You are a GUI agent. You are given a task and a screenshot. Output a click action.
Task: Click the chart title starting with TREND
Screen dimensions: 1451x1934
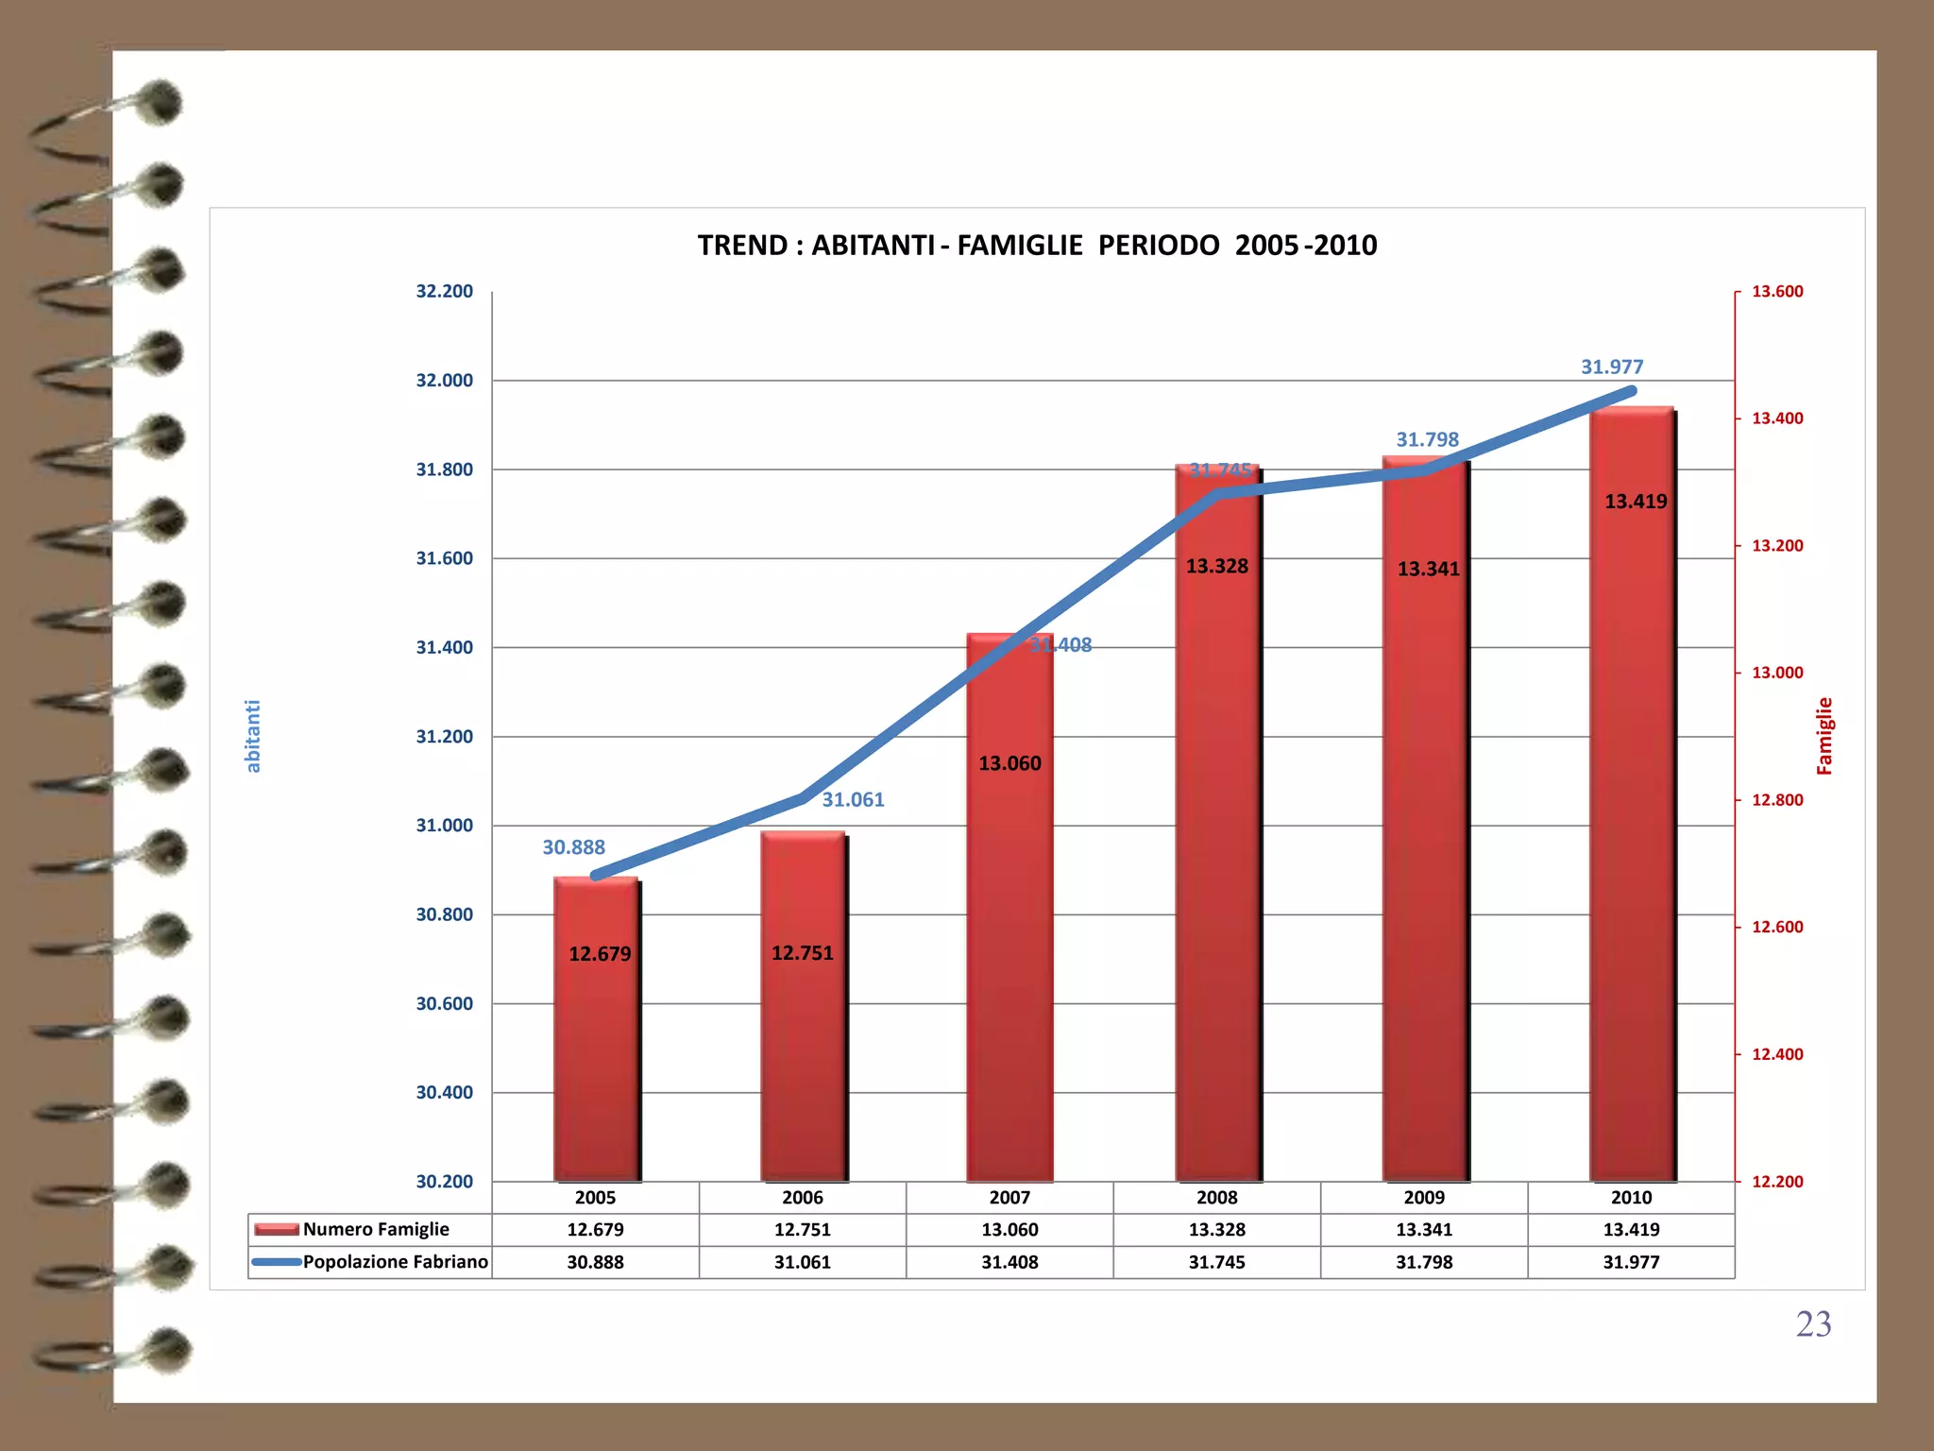[1037, 246]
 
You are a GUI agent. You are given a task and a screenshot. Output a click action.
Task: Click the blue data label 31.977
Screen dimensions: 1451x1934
[1612, 367]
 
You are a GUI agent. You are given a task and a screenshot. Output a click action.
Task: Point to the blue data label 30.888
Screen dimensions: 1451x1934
[573, 847]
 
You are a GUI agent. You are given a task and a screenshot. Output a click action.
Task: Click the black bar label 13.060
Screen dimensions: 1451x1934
[1009, 763]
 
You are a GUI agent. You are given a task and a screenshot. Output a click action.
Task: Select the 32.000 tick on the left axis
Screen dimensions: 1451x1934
[444, 381]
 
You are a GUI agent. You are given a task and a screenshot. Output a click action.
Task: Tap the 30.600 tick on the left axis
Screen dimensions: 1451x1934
[444, 1003]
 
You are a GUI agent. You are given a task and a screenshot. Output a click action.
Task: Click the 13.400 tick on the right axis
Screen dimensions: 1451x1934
[1777, 418]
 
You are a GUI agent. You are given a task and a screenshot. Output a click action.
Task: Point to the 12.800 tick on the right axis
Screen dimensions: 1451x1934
[1777, 800]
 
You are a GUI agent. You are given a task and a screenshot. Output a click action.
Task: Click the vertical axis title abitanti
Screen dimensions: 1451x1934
[253, 736]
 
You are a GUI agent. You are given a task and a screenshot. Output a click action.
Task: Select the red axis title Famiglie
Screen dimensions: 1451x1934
[1824, 736]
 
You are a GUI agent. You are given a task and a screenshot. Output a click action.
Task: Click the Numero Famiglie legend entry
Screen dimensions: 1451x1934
[375, 1229]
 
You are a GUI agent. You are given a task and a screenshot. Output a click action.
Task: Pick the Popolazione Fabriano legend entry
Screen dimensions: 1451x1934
[395, 1262]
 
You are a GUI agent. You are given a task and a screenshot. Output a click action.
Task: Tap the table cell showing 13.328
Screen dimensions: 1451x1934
[1216, 1229]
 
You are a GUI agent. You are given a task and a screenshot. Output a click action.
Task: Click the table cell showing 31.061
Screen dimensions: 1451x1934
[803, 1262]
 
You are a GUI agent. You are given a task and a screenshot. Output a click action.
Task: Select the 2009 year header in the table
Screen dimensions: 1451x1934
[1424, 1198]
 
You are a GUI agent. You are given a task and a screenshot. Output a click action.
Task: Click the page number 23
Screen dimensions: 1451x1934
[1813, 1324]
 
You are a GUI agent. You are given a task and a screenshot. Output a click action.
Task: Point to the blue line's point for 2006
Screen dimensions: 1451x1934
[803, 798]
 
